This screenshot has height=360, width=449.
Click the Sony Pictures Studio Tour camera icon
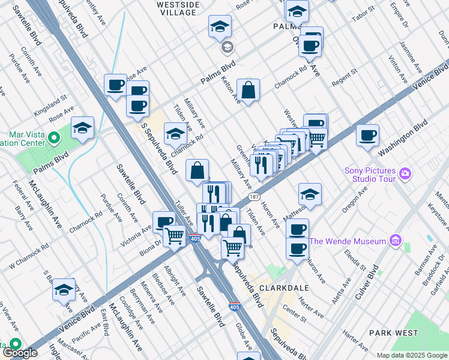point(405,174)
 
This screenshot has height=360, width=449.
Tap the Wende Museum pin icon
point(394,241)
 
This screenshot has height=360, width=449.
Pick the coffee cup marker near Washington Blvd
point(367,135)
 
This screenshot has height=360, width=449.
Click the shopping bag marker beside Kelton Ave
point(248,91)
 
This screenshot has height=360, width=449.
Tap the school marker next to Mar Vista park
point(83,128)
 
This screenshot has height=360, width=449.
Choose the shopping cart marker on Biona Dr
point(175,235)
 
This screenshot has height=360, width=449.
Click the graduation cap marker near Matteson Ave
point(310,194)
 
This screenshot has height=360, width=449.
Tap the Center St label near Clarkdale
point(295,311)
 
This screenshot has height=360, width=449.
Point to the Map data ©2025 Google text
point(412,355)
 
